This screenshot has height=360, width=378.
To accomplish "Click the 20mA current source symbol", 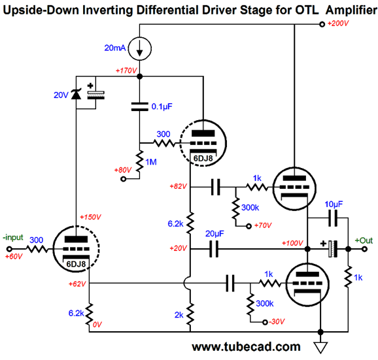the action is tap(139, 48).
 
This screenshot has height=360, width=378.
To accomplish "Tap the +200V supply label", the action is tap(338, 24).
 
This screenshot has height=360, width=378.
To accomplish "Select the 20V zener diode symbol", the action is tap(76, 94).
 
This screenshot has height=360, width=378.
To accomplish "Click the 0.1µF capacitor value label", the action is tap(162, 106).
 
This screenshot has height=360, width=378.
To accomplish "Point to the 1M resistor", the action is tap(139, 161).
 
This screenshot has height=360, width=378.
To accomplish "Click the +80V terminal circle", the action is tap(123, 179).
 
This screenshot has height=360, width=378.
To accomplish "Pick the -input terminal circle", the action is tap(9, 249).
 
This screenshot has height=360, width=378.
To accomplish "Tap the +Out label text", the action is tap(364, 240).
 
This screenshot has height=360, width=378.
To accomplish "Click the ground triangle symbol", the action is tap(320, 348).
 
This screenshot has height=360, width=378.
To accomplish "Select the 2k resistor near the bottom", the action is tap(190, 314).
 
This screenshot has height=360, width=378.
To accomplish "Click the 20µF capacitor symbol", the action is tap(214, 249).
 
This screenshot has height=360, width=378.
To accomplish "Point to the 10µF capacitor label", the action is tap(334, 205).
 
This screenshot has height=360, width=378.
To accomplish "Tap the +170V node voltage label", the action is tap(126, 71).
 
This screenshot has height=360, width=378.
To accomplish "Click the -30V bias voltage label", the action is tap(277, 321).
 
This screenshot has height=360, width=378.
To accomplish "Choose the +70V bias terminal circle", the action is tap(249, 226).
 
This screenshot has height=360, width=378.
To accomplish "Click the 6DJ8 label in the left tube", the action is tap(76, 264).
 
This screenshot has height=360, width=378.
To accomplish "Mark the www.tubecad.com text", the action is tap(246, 347).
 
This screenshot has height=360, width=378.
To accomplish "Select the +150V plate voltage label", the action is tap(90, 217).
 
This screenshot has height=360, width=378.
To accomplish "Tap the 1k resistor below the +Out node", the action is tap(348, 276).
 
